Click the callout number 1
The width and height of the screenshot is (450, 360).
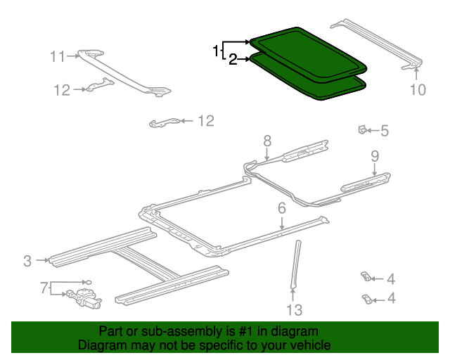pos(216,51)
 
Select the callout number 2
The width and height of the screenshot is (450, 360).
pos(233,60)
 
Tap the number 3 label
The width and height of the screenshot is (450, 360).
pos(27,261)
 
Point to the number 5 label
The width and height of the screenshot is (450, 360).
pos(385,130)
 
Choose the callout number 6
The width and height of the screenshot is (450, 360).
pos(281,207)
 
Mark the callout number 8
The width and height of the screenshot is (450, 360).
pos(267,141)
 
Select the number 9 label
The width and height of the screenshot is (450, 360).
pos(375,155)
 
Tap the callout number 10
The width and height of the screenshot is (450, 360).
pos(418,89)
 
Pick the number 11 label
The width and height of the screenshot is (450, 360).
pos(57,56)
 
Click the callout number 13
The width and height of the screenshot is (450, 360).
pos(294,310)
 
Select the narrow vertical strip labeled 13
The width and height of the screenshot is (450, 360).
pos(295,264)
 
